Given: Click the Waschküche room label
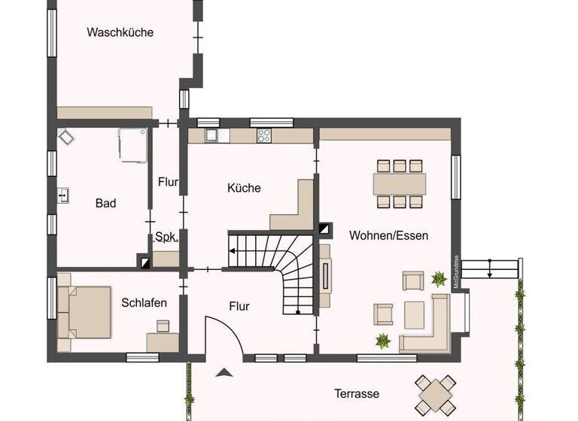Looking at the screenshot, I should point(120,32).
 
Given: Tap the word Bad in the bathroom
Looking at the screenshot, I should point(105,202).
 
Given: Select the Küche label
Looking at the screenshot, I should point(244,187).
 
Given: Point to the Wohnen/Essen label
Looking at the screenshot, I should point(388,235).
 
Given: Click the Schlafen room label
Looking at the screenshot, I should point(144,302).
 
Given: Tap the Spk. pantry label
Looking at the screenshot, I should point(166,236).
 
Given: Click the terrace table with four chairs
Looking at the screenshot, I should point(437,392).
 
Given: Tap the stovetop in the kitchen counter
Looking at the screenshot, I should point(265,135).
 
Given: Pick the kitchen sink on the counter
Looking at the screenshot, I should point(212,135).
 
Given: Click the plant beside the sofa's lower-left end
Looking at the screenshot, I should point(384,341).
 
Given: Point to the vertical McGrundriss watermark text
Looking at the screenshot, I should point(455,270).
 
